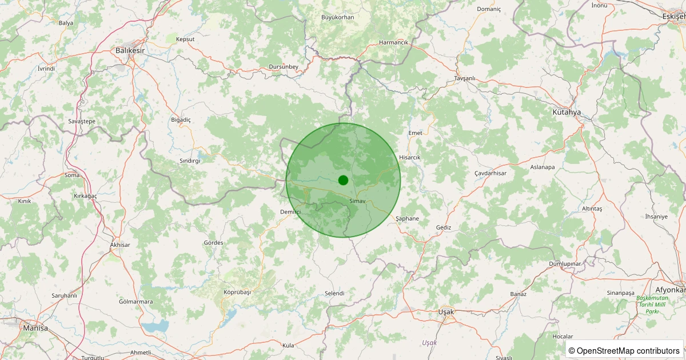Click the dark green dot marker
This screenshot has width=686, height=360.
[x=343, y=180]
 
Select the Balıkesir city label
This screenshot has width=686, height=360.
[x=130, y=51]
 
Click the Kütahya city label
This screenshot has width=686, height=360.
[x=567, y=113]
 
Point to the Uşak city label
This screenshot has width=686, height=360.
[x=445, y=312]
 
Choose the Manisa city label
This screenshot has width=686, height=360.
[x=35, y=329]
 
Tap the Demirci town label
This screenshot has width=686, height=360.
[x=290, y=212]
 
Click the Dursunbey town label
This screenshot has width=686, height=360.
[x=284, y=67]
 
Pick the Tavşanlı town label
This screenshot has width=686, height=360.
[x=465, y=78]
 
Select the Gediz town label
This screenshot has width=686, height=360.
[x=443, y=227]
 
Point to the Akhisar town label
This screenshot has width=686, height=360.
[x=120, y=245]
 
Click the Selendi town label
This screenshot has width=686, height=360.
[x=334, y=293]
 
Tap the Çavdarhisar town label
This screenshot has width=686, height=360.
[x=490, y=173]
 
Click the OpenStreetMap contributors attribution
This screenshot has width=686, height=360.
[x=624, y=350]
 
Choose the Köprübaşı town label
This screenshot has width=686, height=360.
[x=237, y=292]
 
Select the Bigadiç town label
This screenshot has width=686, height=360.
[x=181, y=119]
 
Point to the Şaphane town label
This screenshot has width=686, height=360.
[x=407, y=219]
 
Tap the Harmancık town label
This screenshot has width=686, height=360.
[x=394, y=43]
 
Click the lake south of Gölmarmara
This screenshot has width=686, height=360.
[x=155, y=326]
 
